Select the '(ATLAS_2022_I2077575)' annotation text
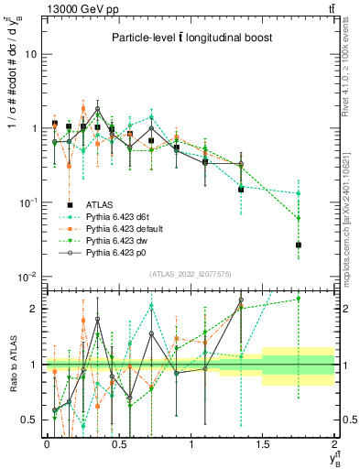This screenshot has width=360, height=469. pos(190,274)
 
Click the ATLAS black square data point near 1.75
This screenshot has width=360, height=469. pos(298,245)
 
